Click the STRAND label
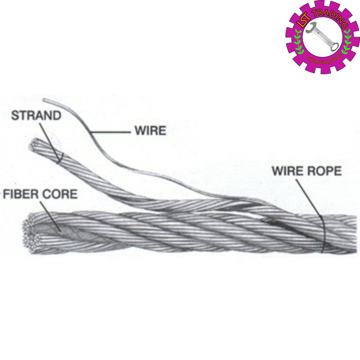click(x=36, y=116)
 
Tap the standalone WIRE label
click(x=150, y=131)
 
